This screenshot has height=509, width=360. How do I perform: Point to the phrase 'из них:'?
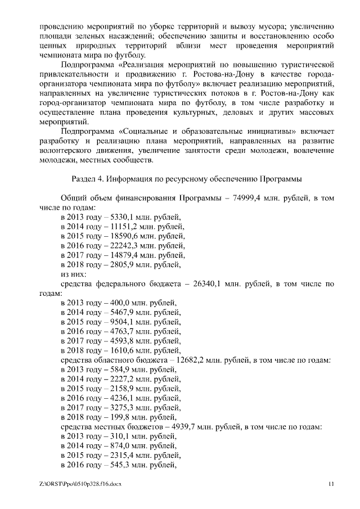pos(73,275)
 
